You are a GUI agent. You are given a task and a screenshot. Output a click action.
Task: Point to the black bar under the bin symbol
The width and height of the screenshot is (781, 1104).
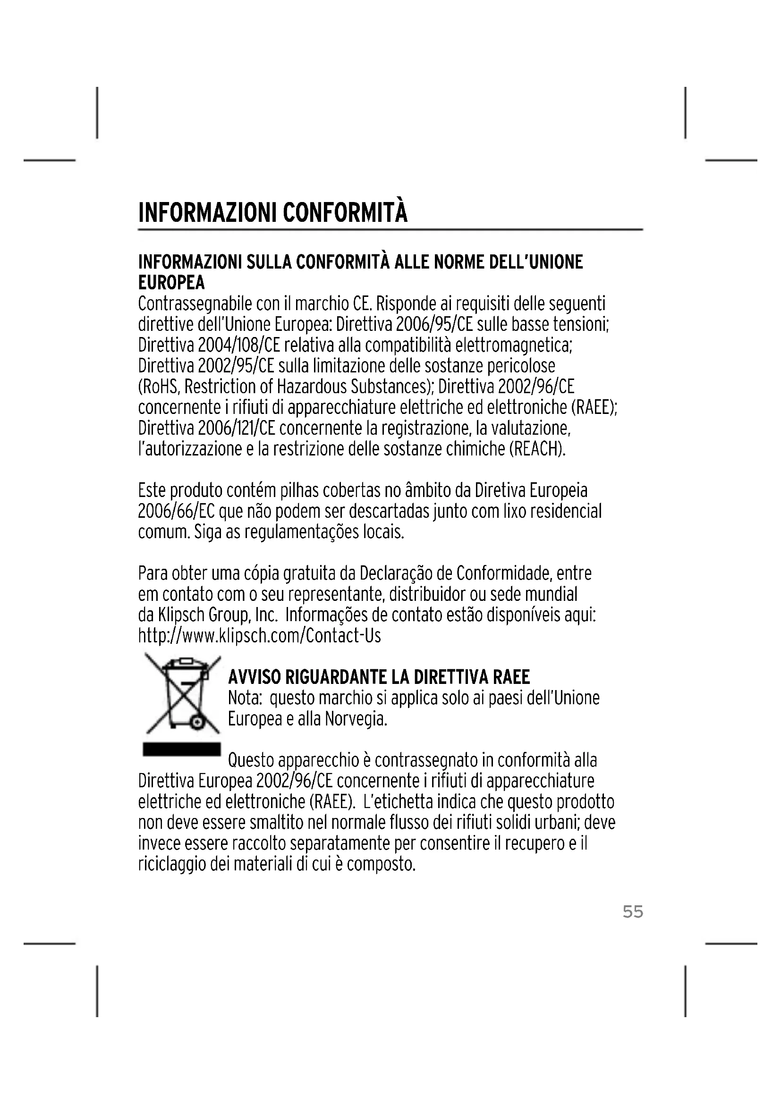coord(181,749)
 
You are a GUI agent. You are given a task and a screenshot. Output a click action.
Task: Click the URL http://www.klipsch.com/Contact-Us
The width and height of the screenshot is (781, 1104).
coord(259,636)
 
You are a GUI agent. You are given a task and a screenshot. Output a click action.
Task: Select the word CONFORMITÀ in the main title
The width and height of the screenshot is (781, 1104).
coord(345,213)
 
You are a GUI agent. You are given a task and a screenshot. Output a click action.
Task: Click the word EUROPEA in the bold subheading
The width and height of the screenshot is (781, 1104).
coord(171,283)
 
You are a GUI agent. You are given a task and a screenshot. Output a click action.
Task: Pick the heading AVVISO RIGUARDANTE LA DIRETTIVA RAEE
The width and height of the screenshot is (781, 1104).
coord(379,677)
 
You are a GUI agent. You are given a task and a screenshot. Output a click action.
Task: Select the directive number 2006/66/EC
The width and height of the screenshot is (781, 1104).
coord(176,511)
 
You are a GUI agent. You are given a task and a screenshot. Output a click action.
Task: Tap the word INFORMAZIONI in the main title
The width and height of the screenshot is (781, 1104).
coord(207,213)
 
